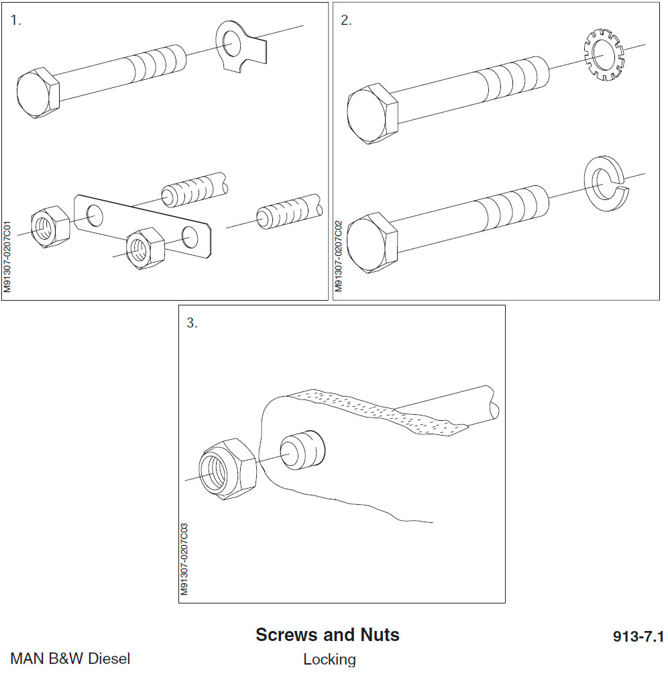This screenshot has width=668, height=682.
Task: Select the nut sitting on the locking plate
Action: (146, 246)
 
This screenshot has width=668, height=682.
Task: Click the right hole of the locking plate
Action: (189, 237)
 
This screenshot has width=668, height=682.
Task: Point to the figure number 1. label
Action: (16, 20)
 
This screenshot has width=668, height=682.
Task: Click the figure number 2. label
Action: (346, 20)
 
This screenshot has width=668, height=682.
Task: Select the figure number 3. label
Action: (192, 323)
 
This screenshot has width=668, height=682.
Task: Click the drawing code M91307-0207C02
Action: (339, 255)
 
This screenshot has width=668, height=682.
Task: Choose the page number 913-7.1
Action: (637, 636)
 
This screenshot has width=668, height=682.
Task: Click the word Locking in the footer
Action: (329, 659)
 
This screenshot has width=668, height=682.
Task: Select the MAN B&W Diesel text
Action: (70, 658)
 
